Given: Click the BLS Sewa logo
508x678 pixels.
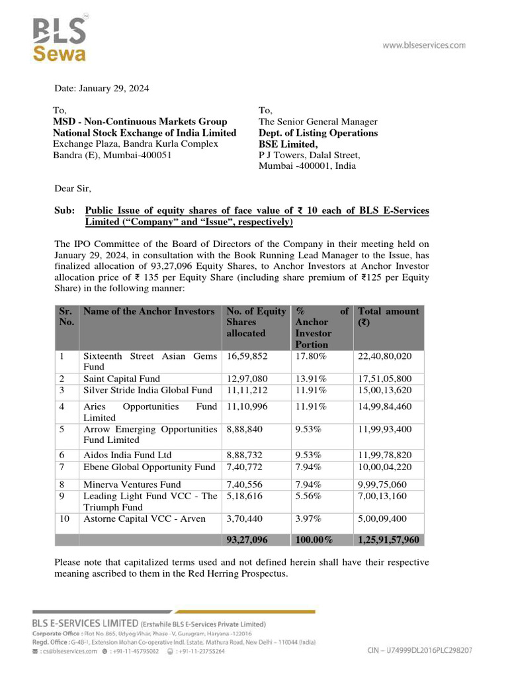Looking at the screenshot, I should tap(60, 40).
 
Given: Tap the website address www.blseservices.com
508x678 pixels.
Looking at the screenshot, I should tap(424, 46).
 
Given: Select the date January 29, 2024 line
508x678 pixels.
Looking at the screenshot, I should tap(101, 88).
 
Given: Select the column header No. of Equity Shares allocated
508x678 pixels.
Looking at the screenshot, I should tap(255, 322).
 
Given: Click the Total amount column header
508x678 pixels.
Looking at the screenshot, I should tap(388, 316).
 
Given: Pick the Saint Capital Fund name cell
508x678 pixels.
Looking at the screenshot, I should tap(122, 379).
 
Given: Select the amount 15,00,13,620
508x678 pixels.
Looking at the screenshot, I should tap(385, 390).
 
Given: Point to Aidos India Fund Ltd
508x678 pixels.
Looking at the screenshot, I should tap(127, 455).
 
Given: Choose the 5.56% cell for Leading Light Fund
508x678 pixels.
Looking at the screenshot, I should tap(308, 495).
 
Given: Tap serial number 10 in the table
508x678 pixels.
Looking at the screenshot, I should tap(65, 518).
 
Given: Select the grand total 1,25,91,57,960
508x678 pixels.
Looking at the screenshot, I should tap(388, 540).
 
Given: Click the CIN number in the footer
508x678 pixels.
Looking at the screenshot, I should tap(420, 651).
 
